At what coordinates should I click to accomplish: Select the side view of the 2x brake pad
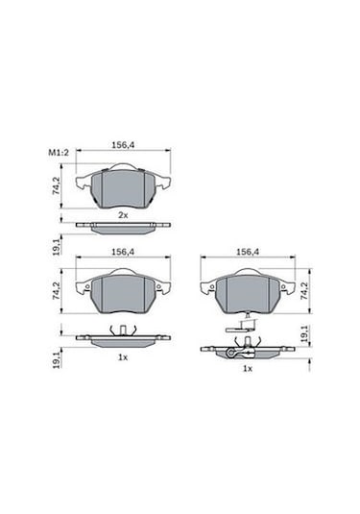pos(122,229)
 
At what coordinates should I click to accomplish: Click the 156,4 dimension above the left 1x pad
pos(123,253)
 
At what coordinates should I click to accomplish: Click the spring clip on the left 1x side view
pos(122,331)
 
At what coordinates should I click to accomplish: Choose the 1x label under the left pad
pos(122,356)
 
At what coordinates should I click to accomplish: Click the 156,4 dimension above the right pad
pos(248,253)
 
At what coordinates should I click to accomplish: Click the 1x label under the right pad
pos(247,368)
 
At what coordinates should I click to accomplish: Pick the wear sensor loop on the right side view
pos(232,353)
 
